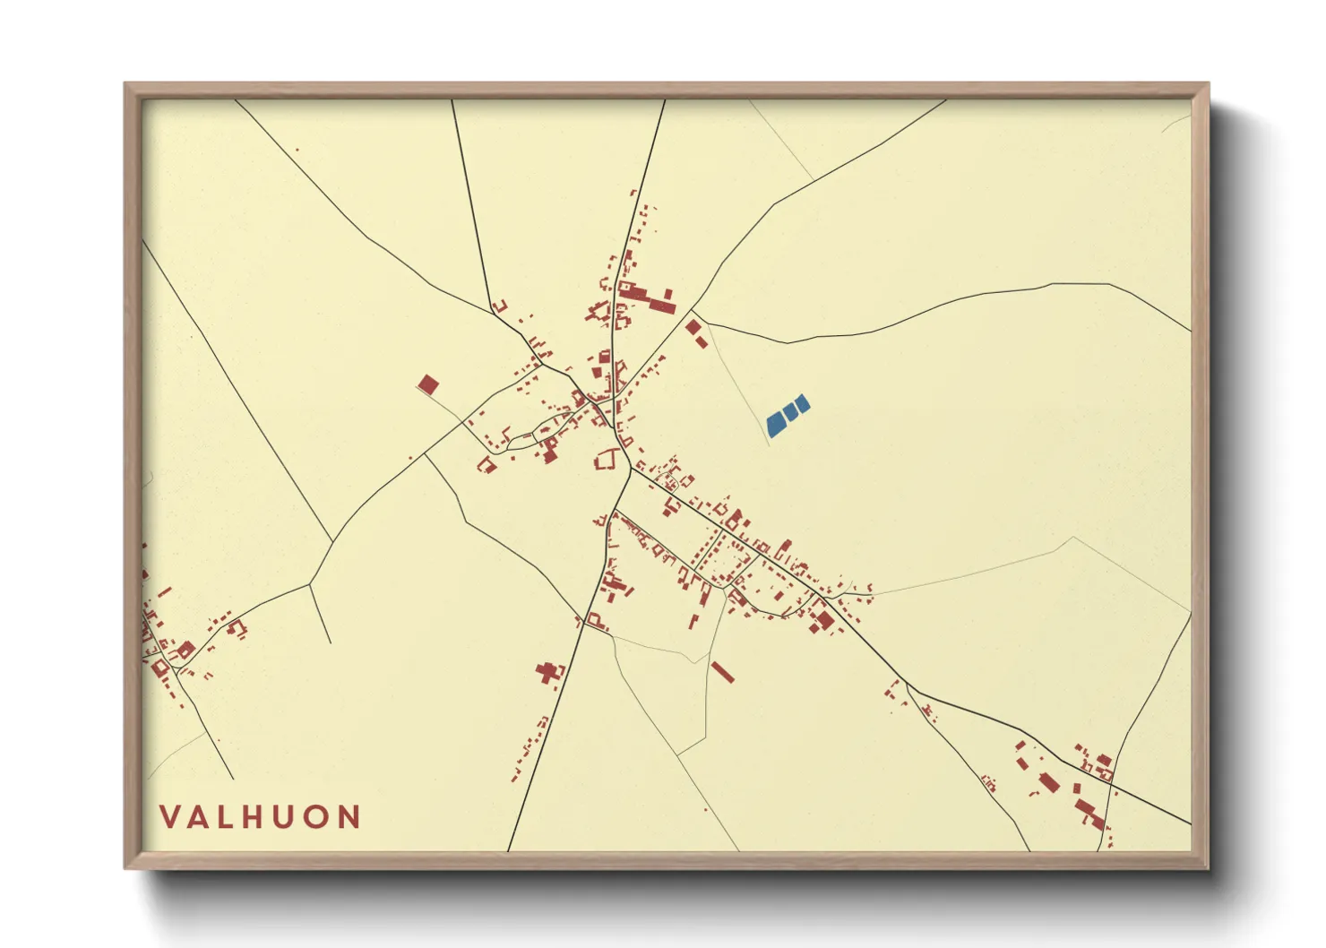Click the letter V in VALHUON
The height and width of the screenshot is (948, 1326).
pos(170,817)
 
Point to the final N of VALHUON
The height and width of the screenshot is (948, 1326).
pos(349,817)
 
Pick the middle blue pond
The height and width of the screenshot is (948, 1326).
pos(790,411)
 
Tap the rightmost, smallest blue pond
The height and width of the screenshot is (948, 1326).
pos(803,404)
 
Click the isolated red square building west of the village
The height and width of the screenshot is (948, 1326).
pos(428,385)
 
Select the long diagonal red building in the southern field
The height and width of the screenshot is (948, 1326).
pos(722,672)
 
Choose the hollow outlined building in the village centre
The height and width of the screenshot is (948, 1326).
pos(606,461)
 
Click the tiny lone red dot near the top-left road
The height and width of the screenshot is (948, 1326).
pos(297,150)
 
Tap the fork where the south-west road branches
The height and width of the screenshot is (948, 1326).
pos(310,584)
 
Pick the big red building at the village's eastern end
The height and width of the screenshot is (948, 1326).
pos(824,618)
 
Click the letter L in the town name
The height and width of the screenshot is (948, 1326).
pos(230,817)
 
